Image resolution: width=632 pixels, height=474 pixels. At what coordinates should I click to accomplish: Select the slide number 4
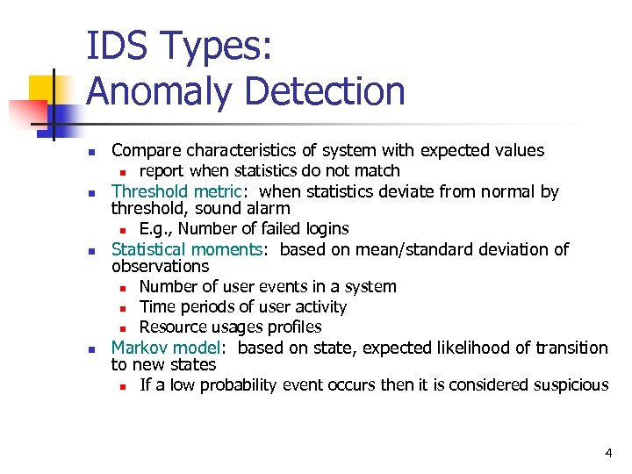coord(608,453)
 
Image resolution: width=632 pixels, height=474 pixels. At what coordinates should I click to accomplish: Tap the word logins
coord(324,229)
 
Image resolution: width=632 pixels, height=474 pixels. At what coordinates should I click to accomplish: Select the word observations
coord(160,266)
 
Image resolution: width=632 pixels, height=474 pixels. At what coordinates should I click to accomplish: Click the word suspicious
coord(570,385)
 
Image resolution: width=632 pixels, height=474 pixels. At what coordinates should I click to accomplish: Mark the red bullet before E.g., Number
coord(125,230)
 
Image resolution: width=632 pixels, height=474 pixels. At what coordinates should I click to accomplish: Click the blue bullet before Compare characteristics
coord(92,152)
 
